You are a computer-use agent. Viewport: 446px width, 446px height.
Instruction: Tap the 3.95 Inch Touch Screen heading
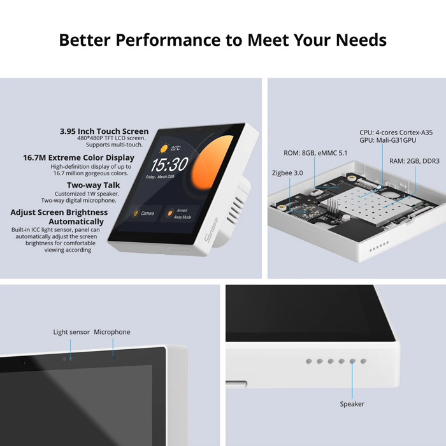click(x=104, y=131)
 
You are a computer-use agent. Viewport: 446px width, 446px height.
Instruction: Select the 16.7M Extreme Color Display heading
click(x=79, y=157)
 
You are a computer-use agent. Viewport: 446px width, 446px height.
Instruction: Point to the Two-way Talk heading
click(x=94, y=185)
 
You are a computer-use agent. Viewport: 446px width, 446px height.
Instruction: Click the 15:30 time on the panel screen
click(x=169, y=165)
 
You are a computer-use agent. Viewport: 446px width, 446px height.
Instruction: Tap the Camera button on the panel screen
click(x=144, y=213)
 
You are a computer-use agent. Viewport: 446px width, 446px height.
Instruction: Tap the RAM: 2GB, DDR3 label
click(x=414, y=161)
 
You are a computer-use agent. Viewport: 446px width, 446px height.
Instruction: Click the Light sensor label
click(x=71, y=332)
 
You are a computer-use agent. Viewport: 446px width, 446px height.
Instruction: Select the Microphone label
click(x=112, y=332)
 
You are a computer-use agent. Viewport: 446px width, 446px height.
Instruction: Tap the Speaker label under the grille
click(x=352, y=404)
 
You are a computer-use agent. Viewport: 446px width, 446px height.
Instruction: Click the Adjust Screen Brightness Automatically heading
click(x=59, y=217)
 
